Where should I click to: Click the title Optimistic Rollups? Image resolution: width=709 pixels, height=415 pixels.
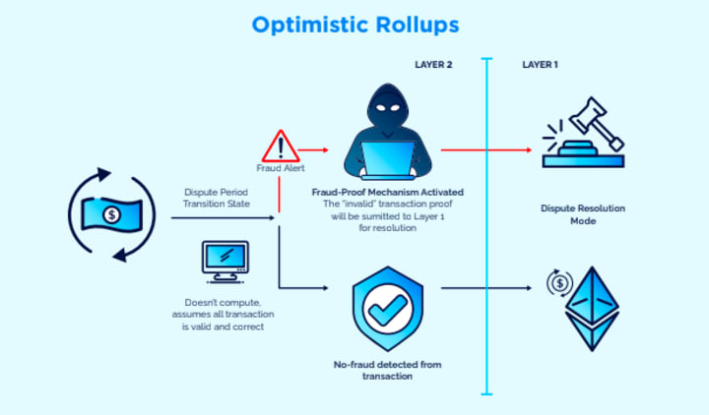click(354, 24)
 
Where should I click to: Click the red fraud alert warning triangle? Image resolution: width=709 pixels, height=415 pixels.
click(281, 148)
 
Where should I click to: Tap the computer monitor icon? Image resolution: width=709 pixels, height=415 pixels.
click(226, 260)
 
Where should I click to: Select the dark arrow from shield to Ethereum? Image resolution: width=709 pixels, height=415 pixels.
click(487, 288)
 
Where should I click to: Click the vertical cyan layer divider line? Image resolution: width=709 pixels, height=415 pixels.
click(486, 226)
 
